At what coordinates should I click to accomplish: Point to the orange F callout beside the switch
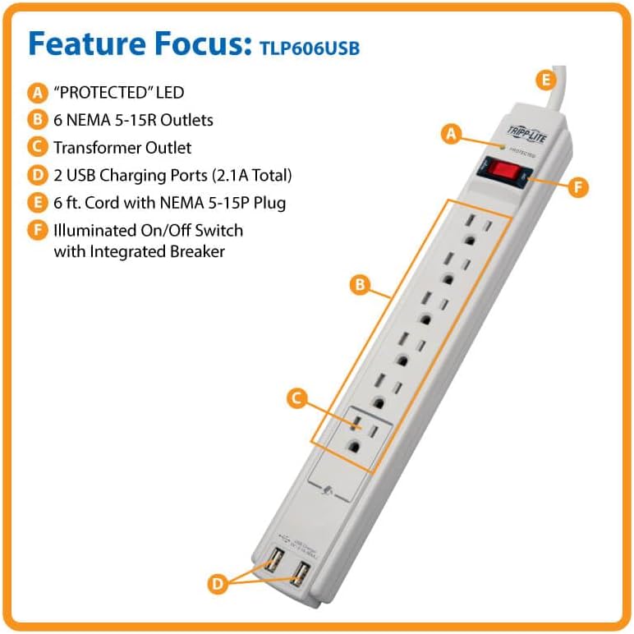coord(579,186)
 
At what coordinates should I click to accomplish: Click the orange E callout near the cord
coord(544,80)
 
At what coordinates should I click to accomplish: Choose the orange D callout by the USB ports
coord(217,584)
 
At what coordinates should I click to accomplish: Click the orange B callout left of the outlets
coord(359,285)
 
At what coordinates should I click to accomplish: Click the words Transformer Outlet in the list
coord(122,148)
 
